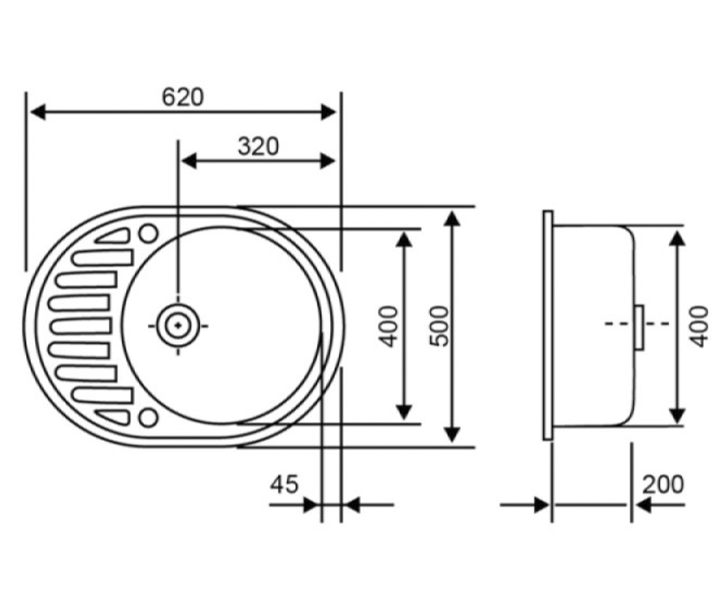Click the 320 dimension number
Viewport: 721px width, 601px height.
pyautogui.click(x=258, y=147)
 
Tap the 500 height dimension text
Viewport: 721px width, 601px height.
pyautogui.click(x=439, y=326)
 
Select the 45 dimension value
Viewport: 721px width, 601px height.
pyautogui.click(x=284, y=484)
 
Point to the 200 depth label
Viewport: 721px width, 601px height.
pyautogui.click(x=663, y=484)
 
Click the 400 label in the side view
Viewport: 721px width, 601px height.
pyautogui.click(x=699, y=326)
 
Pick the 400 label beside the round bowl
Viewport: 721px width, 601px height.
pyautogui.click(x=389, y=326)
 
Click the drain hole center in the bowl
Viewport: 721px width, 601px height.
pyautogui.click(x=178, y=325)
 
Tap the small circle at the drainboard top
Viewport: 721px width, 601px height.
pyautogui.click(x=148, y=233)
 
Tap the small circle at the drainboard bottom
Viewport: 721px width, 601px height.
pyautogui.click(x=148, y=417)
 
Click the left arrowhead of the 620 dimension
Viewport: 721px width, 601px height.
pyautogui.click(x=38, y=112)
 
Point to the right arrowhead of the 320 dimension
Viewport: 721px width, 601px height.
pyautogui.click(x=327, y=161)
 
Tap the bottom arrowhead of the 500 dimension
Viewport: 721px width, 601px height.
pyautogui.click(x=452, y=435)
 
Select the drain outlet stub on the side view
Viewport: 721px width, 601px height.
pyautogui.click(x=639, y=328)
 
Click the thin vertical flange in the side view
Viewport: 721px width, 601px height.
pyautogui.click(x=548, y=325)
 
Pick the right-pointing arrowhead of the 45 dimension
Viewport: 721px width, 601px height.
pyautogui.click(x=311, y=505)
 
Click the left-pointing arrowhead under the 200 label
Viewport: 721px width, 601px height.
pyautogui.click(x=643, y=505)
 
